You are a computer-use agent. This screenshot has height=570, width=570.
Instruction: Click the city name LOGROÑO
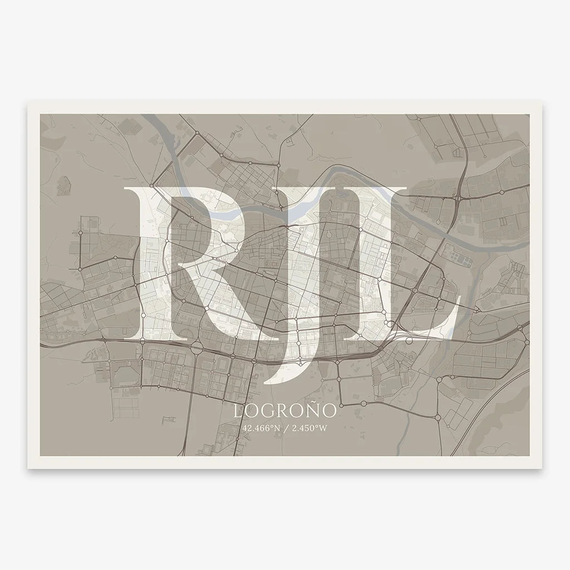[x=285, y=411]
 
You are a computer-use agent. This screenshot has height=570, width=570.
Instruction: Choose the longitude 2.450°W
[x=309, y=428]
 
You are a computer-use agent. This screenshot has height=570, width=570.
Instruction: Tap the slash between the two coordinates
[x=285, y=428]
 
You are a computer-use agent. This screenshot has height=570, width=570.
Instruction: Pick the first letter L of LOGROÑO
[x=238, y=412]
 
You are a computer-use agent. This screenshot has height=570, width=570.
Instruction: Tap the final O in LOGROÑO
[x=328, y=412]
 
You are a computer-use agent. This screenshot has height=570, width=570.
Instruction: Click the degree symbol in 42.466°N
[x=271, y=426]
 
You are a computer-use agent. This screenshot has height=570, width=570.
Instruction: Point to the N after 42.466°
[x=275, y=428]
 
